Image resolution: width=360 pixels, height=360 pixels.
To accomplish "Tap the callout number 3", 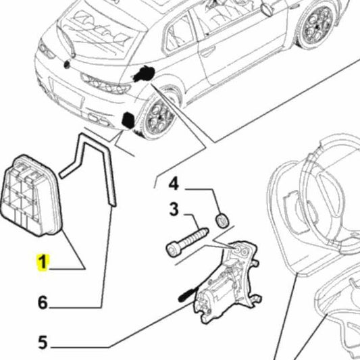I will tap(174, 210).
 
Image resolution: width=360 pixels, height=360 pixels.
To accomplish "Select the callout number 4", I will tap(174, 183).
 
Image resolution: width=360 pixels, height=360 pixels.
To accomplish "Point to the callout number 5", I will tap(43, 343).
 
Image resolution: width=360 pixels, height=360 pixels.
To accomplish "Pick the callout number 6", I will tap(43, 303).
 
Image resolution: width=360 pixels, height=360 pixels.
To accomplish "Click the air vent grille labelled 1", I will tap(32, 196).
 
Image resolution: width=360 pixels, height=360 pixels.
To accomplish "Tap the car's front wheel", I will tap(315, 26).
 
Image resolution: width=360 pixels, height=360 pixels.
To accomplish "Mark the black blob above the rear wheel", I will tap(145, 75).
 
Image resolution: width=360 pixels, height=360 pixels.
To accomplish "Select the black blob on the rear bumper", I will tap(126, 121).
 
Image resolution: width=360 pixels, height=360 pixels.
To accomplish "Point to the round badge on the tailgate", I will tap(68, 65).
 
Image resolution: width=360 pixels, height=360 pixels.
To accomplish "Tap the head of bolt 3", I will tap(172, 251).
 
